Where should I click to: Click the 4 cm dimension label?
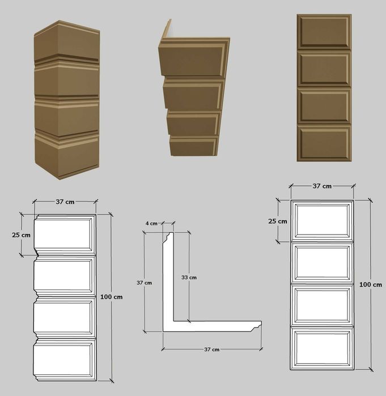[x=151, y=224]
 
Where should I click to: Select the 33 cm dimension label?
[x=189, y=278]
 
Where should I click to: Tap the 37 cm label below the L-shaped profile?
[x=211, y=350]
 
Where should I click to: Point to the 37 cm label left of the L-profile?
[x=144, y=283]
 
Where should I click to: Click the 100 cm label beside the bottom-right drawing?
[x=371, y=284]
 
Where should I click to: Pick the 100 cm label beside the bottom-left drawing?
[x=112, y=297]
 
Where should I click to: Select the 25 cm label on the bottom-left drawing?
[x=21, y=235]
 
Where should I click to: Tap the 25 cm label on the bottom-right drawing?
[x=278, y=222]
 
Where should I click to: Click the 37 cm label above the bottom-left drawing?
[x=65, y=202]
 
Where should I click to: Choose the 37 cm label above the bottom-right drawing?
[x=322, y=186]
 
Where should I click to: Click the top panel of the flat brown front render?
[x=324, y=32]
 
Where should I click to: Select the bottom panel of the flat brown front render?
[x=324, y=143]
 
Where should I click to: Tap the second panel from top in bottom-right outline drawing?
[x=322, y=263]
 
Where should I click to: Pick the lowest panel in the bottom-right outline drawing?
[x=322, y=348]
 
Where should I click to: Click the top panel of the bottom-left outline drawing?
[x=65, y=235]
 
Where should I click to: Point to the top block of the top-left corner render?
[x=67, y=42]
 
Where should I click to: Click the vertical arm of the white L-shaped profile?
[x=168, y=278]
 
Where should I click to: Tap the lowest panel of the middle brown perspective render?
[x=193, y=147]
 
